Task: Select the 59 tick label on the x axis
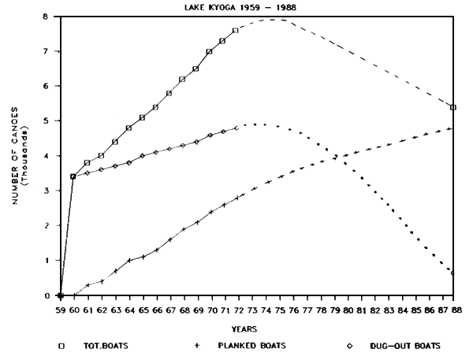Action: tap(60, 310)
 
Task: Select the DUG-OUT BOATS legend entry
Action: tap(394, 345)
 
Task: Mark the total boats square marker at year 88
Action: tap(453, 107)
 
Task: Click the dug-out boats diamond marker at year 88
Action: tap(453, 273)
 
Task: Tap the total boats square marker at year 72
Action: tap(236, 31)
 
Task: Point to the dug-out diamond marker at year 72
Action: tap(236, 128)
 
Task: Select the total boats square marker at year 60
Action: tap(73, 176)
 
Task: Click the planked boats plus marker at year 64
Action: tap(129, 260)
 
